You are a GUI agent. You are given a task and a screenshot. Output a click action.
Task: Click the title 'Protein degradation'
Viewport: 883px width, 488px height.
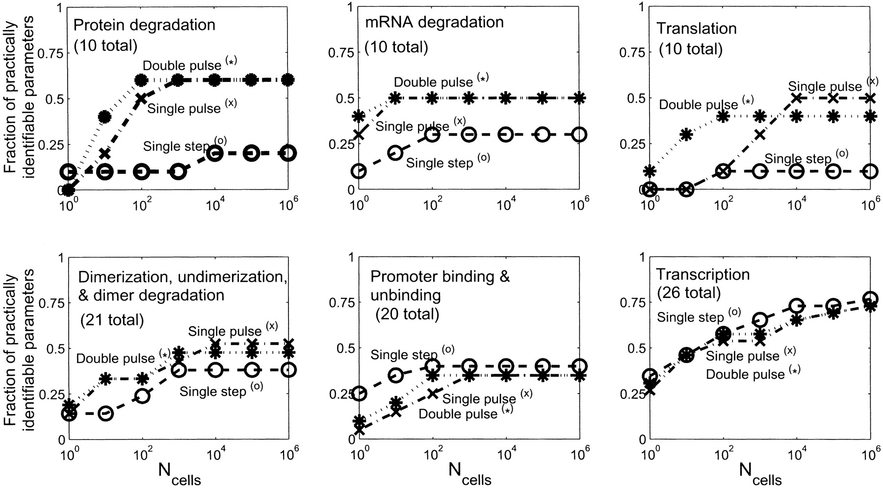(145, 25)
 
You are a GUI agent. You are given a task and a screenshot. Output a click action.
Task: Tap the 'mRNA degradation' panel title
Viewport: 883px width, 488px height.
(434, 22)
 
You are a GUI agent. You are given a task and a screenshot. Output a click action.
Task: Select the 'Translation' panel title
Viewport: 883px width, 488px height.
(696, 28)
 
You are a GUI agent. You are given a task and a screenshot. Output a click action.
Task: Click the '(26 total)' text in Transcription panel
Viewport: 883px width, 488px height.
(689, 293)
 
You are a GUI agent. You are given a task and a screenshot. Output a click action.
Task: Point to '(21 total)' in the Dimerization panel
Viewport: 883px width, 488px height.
(111, 320)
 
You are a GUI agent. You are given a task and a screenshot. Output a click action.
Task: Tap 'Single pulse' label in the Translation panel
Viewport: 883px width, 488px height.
(825, 86)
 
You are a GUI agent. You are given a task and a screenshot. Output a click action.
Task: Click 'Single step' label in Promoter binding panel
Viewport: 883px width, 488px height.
(404, 354)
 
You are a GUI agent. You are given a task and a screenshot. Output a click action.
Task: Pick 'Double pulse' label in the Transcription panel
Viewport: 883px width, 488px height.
(745, 374)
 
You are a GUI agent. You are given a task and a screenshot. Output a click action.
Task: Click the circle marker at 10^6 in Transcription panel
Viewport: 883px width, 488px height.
(870, 298)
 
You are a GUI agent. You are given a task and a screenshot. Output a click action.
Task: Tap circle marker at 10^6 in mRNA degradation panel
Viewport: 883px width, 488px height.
(579, 134)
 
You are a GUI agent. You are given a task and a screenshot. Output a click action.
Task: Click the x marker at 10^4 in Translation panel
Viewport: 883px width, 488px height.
(796, 98)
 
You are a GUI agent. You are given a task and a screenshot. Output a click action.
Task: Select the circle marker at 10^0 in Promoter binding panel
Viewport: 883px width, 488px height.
(359, 393)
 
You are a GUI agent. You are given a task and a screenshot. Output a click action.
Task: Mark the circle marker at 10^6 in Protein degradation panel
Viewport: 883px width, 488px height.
(288, 153)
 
